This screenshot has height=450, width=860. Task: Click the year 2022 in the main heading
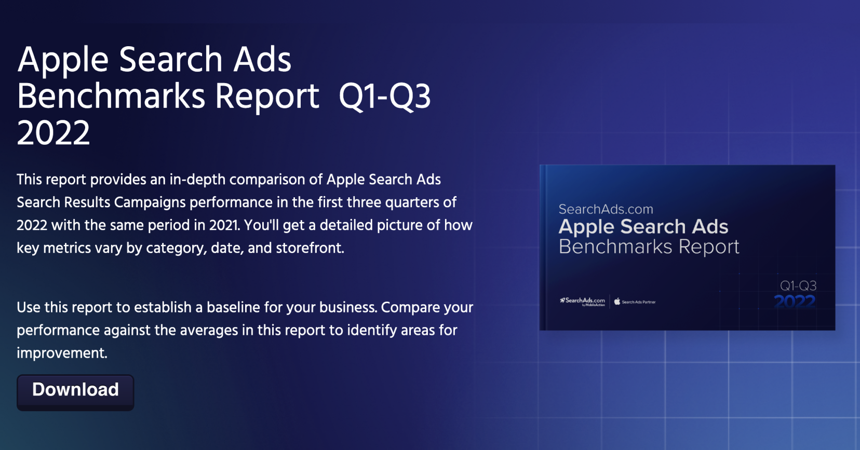click(x=53, y=133)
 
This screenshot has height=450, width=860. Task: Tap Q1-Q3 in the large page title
click(x=384, y=97)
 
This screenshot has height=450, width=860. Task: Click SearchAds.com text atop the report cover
click(x=606, y=209)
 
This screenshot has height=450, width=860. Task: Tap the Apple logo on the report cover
click(x=617, y=302)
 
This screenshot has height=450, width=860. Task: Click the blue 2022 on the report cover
click(x=795, y=302)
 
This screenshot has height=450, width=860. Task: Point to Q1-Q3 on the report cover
click(x=798, y=285)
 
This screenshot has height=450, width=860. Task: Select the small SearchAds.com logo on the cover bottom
click(x=583, y=301)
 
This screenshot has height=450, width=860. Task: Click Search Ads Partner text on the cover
click(x=639, y=302)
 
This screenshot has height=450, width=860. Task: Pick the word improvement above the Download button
click(x=62, y=353)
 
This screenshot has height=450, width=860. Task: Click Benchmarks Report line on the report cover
click(x=649, y=247)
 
